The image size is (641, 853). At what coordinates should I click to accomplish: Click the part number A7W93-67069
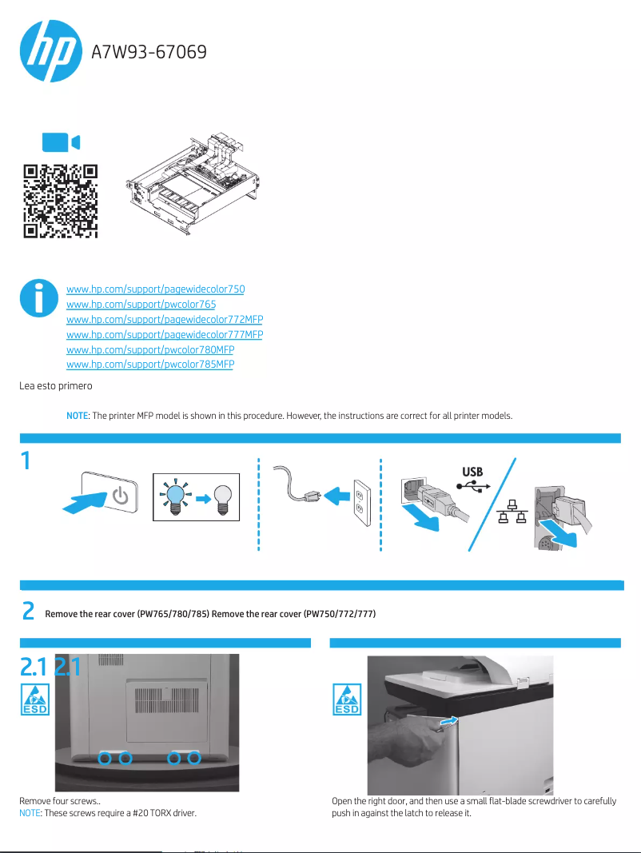point(149,53)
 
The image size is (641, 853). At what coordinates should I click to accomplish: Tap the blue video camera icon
point(61,142)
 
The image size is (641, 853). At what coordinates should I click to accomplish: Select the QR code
point(60,201)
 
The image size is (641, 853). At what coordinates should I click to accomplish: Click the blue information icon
point(36,298)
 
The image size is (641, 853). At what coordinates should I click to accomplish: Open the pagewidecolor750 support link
point(155,289)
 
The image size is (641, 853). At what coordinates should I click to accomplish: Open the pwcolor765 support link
point(141,304)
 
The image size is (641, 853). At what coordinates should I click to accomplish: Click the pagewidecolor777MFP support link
point(164,334)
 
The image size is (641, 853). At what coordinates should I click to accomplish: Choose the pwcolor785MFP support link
point(149,365)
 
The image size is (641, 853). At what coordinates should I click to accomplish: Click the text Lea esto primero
point(56,386)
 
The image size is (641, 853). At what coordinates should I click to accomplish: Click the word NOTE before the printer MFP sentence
point(76,417)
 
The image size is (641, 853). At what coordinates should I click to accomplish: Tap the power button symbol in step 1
point(120,496)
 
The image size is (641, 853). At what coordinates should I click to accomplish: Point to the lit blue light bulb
point(174,497)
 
